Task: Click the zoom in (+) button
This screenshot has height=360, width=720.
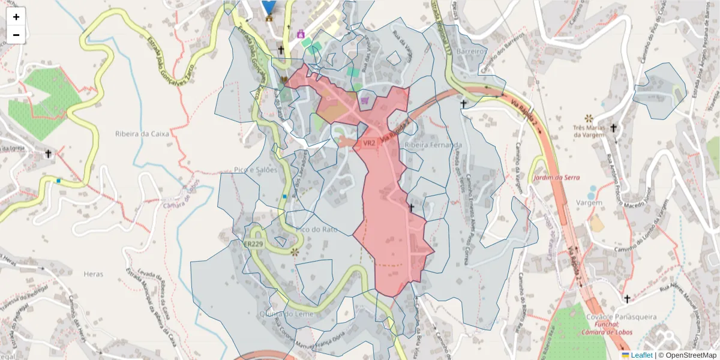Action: [x=16, y=17]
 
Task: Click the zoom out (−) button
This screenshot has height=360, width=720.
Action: [x=16, y=35]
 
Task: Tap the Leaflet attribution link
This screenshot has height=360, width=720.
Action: [x=641, y=355]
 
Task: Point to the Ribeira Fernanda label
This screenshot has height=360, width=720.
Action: [x=433, y=145]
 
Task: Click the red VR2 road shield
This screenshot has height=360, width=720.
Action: [x=368, y=143]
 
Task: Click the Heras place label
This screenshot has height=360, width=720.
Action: [x=94, y=274]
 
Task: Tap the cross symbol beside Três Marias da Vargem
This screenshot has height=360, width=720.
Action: [x=613, y=128]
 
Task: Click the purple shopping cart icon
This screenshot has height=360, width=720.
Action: [x=365, y=100]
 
